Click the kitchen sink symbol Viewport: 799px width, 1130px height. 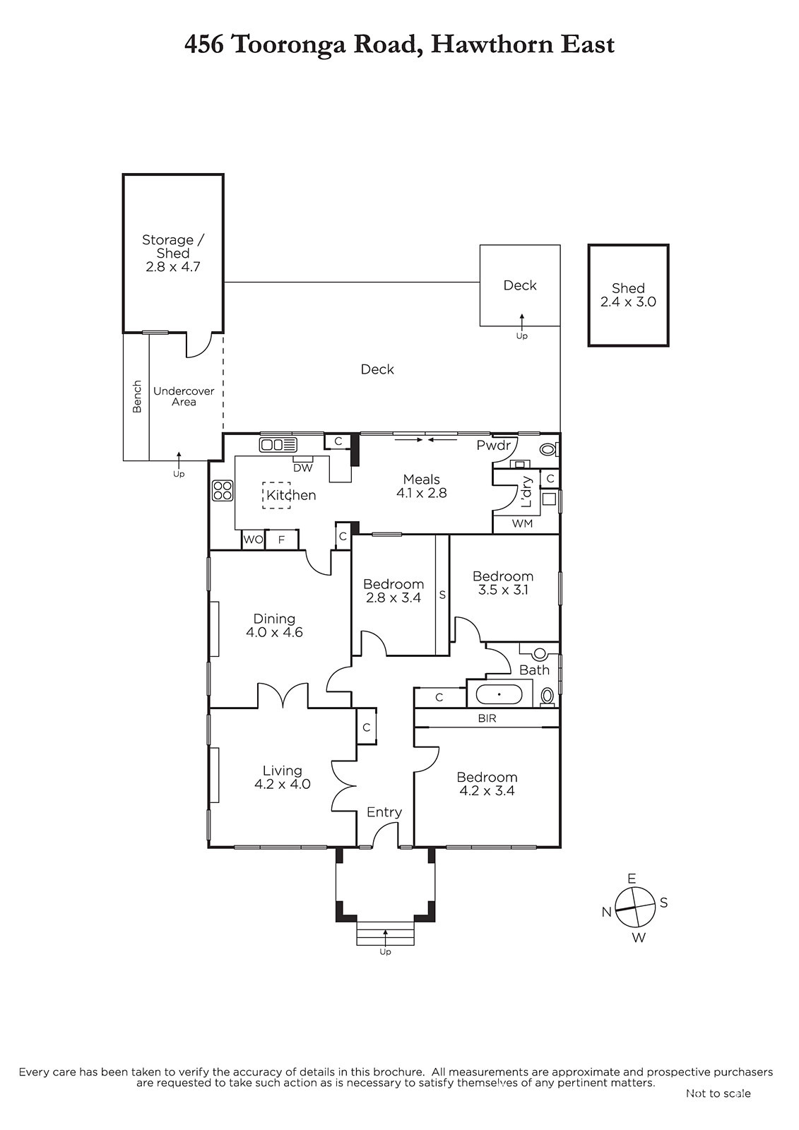tap(278, 444)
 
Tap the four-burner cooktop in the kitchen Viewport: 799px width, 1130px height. tap(223, 490)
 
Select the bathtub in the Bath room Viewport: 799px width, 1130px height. tap(499, 694)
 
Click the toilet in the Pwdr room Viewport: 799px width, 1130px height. tap(548, 448)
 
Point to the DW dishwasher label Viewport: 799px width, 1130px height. tap(303, 468)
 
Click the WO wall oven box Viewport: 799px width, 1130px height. tap(254, 540)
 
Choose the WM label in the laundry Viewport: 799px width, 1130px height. tap(522, 523)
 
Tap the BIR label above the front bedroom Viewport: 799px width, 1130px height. tap(487, 718)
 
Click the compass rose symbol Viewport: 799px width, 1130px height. tap(636, 908)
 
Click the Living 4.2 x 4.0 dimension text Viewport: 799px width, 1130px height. tap(282, 785)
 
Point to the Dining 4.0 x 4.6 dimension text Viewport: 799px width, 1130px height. tap(274, 633)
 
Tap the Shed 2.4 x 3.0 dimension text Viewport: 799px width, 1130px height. tap(629, 302)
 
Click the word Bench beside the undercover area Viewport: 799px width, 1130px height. tap(137, 396)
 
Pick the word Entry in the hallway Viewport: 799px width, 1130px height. tap(384, 812)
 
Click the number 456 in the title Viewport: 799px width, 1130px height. tap(204, 45)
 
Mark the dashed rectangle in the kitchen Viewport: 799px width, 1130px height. tap(276, 495)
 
